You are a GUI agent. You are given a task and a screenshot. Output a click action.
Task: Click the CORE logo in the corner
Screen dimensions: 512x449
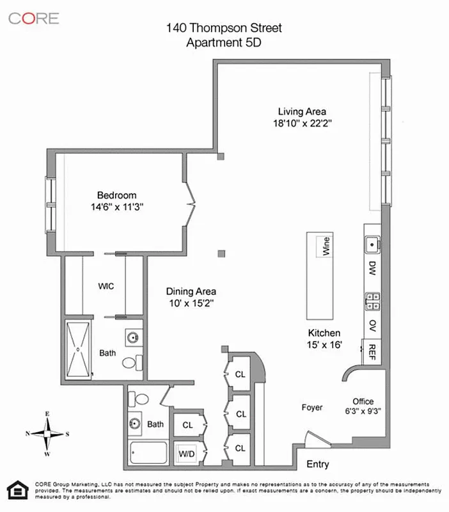click(33, 18)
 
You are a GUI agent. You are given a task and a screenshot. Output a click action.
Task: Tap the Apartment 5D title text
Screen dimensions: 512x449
click(224, 43)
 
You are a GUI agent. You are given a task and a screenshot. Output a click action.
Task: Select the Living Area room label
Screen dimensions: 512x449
click(299, 111)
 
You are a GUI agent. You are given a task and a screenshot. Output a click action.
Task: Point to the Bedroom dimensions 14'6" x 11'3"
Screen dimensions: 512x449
click(116, 207)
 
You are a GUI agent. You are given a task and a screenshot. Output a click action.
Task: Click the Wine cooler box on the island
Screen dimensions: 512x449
click(326, 246)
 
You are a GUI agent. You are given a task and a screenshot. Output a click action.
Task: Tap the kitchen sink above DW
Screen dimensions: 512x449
click(372, 244)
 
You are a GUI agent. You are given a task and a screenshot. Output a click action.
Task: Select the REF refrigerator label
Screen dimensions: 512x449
click(372, 351)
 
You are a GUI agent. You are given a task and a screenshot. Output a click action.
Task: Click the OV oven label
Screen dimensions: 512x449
click(372, 325)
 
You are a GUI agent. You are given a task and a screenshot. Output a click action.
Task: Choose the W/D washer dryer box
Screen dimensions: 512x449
click(187, 453)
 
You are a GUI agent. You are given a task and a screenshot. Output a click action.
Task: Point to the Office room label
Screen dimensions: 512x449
click(363, 401)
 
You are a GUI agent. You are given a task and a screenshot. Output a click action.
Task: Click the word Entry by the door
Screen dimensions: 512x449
click(318, 464)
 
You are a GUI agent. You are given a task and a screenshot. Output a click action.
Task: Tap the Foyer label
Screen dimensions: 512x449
click(312, 407)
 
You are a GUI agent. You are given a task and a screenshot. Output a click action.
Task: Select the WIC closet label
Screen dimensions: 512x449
click(106, 286)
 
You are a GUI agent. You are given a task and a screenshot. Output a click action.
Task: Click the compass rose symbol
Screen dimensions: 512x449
click(47, 434)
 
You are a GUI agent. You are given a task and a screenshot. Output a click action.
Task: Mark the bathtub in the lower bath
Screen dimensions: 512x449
click(148, 455)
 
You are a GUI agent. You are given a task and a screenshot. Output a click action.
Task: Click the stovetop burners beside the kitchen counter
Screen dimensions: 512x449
click(372, 298)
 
